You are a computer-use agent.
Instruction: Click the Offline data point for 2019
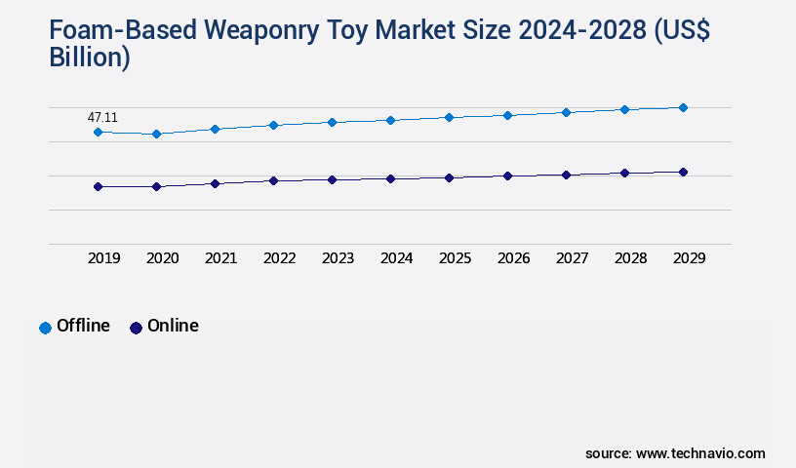98,132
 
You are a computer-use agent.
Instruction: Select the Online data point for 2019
98,186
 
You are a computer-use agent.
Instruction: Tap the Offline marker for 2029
683,107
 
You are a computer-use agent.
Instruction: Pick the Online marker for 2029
683,172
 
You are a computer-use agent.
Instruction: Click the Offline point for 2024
390,120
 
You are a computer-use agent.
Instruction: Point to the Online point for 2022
273,180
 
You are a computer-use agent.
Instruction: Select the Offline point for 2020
156,134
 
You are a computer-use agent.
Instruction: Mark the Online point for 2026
507,175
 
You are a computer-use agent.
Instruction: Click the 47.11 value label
102,117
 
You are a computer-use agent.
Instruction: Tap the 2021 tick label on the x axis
220,258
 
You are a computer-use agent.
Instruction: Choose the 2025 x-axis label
455,258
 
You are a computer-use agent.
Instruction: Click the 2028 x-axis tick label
630,258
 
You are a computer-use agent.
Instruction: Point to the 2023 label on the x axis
338,258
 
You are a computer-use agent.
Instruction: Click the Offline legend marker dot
45,328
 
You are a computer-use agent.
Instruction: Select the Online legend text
173,326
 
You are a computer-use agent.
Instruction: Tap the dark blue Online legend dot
136,328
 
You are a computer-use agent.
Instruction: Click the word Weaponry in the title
220,31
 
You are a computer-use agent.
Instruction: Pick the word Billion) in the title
90,57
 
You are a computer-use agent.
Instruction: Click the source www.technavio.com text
675,453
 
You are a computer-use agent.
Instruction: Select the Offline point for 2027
566,112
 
